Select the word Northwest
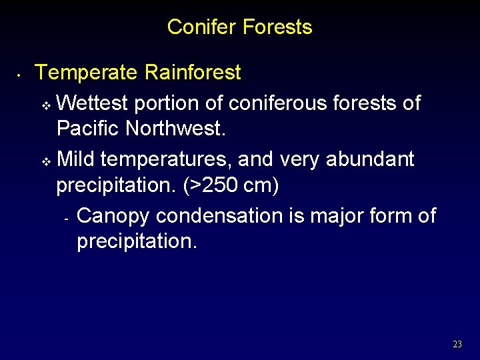176,128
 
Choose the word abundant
370,159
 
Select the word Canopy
114,217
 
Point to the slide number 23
457,345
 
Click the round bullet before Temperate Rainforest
21,75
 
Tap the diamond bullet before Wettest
46,105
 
